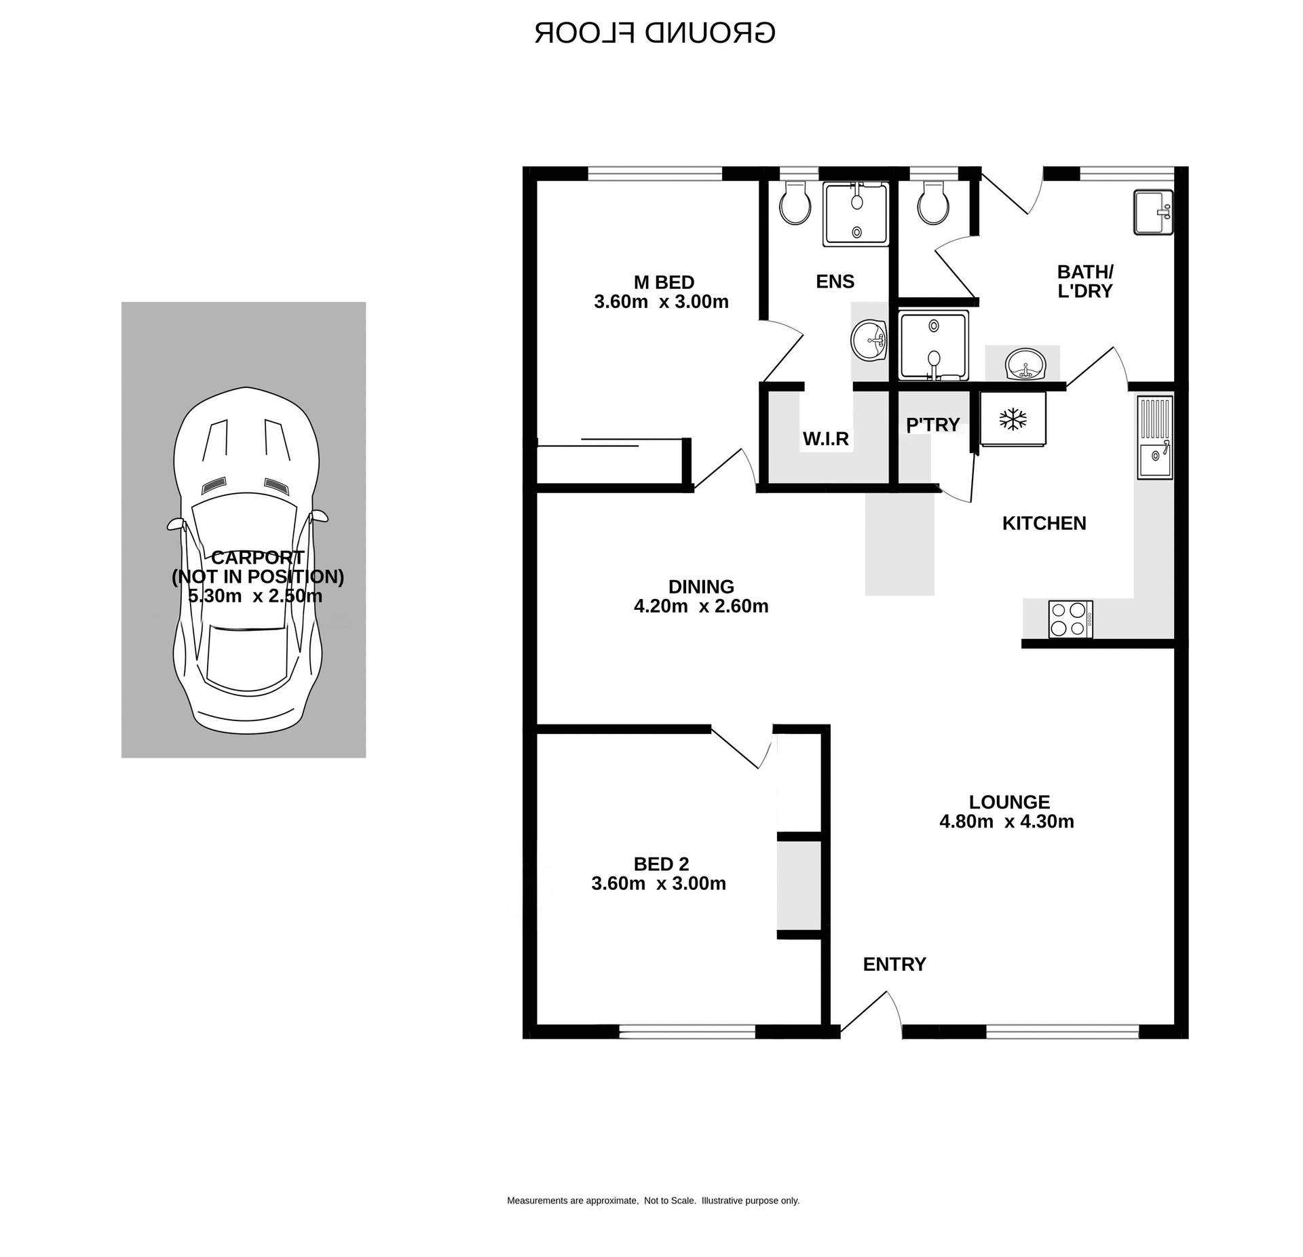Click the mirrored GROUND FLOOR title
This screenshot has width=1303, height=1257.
[654, 33]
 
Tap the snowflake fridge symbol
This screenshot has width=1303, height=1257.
[1013, 419]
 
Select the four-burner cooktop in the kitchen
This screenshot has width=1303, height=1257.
[1070, 619]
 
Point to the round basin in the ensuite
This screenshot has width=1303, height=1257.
[869, 340]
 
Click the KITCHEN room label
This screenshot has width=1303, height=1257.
[1044, 523]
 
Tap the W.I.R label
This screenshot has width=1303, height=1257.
[825, 439]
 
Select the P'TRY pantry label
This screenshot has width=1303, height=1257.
[932, 425]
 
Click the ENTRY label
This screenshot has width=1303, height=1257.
[894, 964]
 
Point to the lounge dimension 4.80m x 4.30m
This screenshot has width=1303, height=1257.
[1006, 821]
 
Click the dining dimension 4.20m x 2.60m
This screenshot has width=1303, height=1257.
[701, 606]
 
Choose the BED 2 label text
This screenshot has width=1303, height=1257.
[661, 864]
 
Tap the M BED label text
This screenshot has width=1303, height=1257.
[663, 282]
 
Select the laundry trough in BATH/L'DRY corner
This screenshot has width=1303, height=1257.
[1152, 212]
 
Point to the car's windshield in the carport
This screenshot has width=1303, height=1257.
[244, 516]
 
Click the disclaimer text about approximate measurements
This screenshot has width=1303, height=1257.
[653, 1201]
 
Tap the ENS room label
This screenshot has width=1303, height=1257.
[835, 282]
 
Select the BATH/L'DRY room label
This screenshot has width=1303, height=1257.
[1084, 282]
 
